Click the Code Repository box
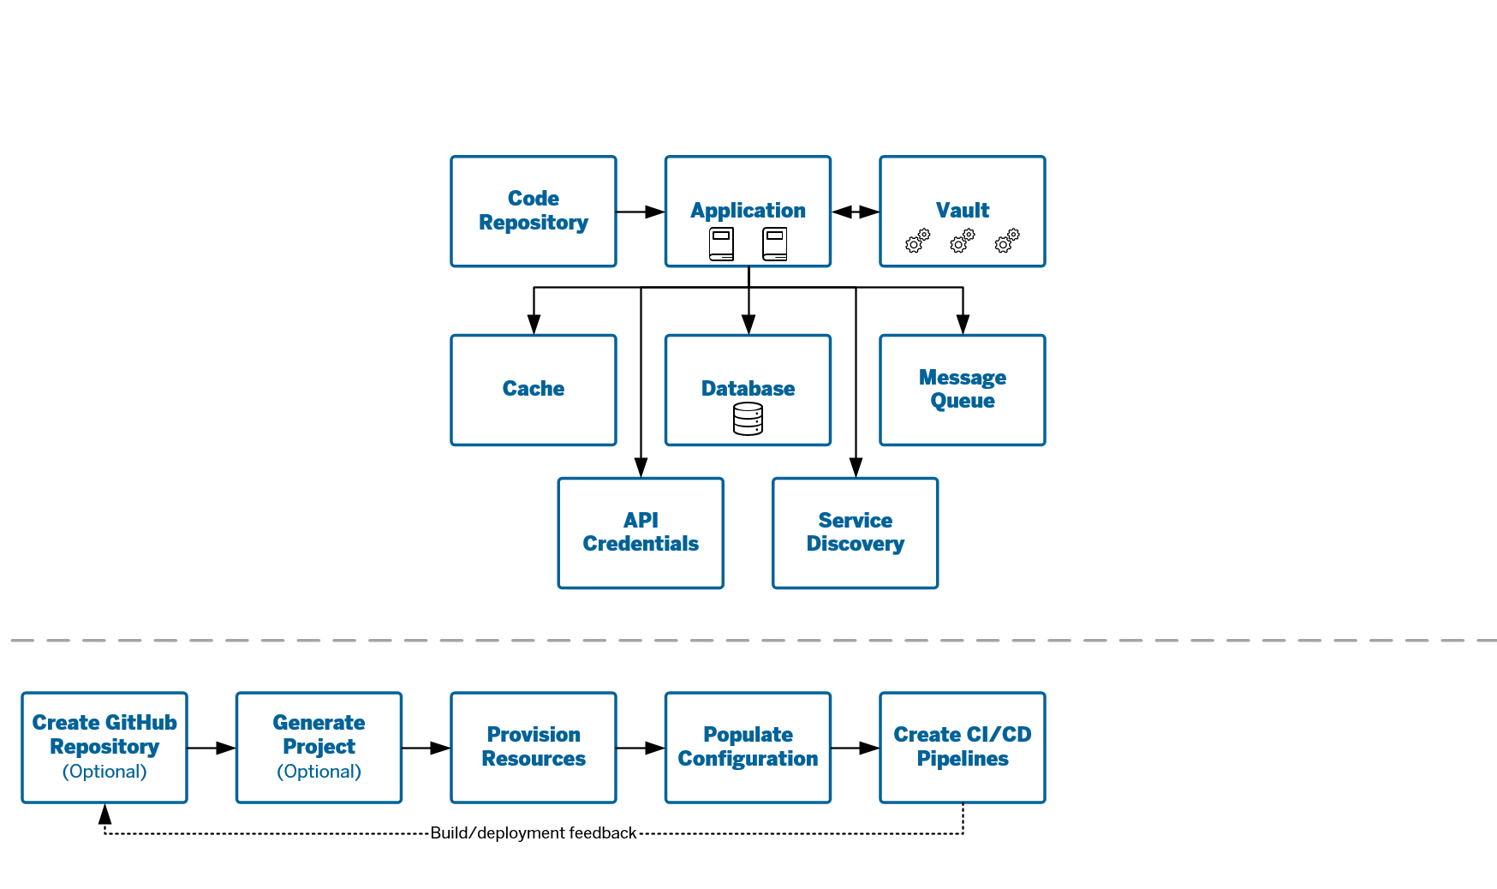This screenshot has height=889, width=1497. [x=534, y=212]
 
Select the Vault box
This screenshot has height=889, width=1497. [x=963, y=212]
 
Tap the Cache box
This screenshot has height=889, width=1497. [x=534, y=390]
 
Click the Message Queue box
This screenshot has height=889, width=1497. [x=963, y=390]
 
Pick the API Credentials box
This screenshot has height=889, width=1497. [x=641, y=533]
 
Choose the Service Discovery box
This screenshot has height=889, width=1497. [x=856, y=533]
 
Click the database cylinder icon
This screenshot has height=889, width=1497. [x=748, y=419]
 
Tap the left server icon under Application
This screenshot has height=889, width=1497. [x=721, y=244]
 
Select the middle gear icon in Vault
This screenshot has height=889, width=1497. [x=963, y=241]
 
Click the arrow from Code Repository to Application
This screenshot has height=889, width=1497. [x=641, y=212]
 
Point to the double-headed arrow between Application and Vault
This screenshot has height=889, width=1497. [x=856, y=212]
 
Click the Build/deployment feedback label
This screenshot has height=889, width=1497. [x=534, y=832]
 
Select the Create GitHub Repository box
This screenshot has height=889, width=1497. [x=104, y=748]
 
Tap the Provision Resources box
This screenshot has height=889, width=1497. [x=534, y=748]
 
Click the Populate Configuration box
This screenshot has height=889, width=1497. [x=748, y=748]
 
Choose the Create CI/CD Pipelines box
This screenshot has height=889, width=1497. [x=963, y=748]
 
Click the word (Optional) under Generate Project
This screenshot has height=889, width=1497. [x=319, y=772]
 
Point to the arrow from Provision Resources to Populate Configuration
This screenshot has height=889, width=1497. [x=641, y=748]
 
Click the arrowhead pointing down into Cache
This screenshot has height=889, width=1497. [x=534, y=324]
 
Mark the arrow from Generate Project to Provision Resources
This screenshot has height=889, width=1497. [x=426, y=748]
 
